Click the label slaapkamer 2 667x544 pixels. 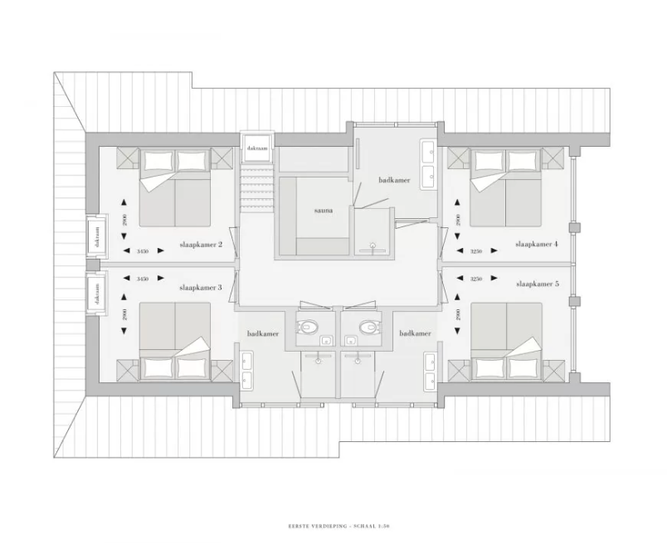[201, 245]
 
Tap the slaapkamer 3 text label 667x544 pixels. [201, 287]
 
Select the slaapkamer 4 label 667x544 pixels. [537, 245]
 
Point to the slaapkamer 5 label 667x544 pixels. [537, 284]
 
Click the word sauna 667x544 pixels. [324, 211]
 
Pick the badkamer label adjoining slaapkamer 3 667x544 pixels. [262, 333]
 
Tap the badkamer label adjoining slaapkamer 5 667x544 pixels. [415, 333]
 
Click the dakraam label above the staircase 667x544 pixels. [256, 148]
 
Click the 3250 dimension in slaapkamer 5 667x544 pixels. [476, 279]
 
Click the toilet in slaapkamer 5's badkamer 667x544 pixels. [366, 327]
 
